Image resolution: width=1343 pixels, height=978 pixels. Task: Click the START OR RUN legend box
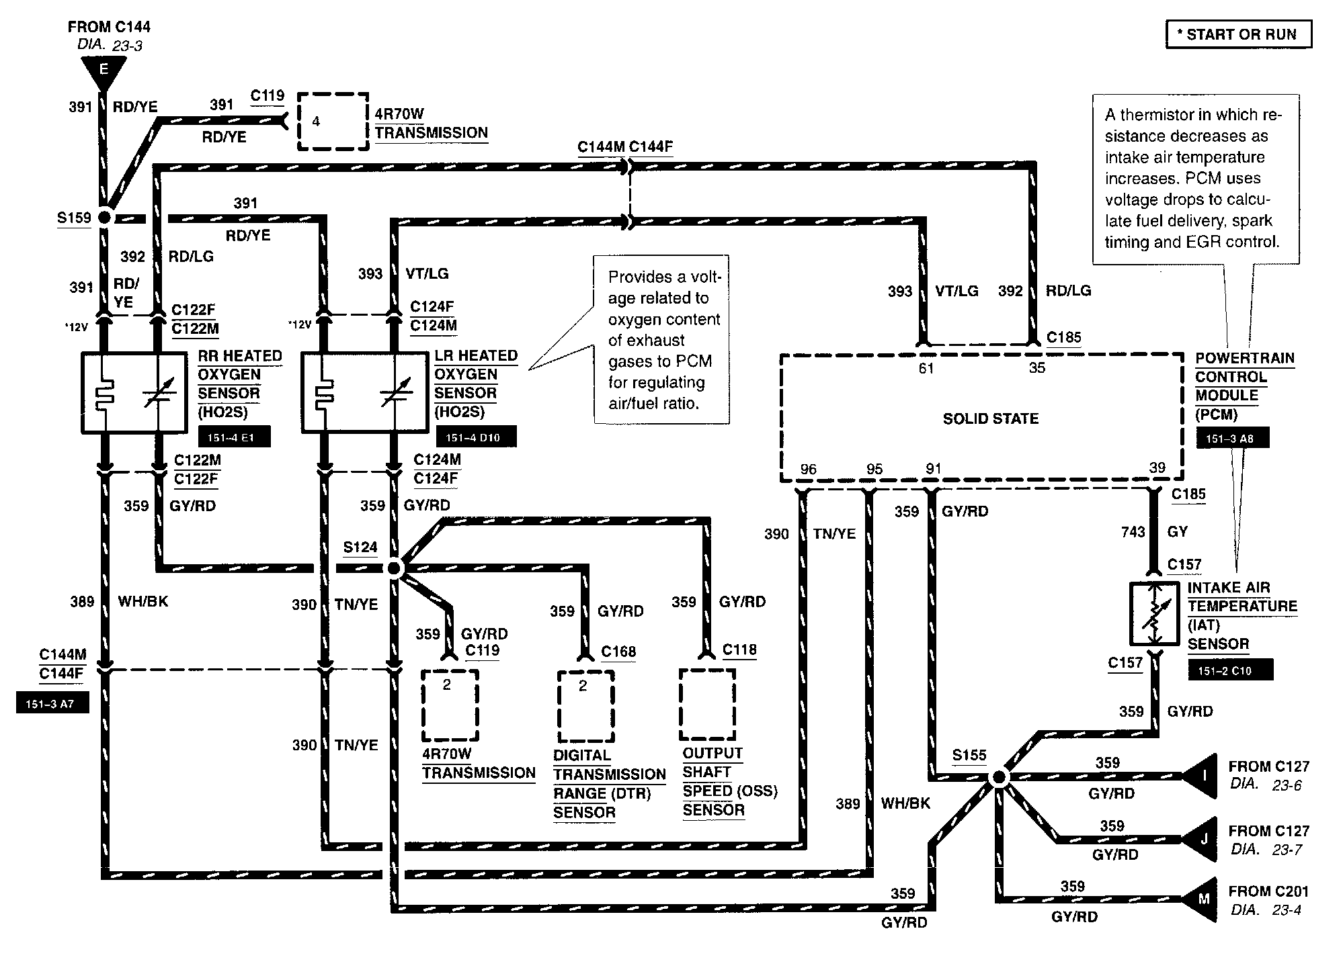tap(1239, 35)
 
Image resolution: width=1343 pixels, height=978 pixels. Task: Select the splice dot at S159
tap(104, 217)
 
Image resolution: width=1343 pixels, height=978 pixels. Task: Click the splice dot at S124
tap(394, 568)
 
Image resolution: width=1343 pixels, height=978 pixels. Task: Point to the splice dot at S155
tap(999, 777)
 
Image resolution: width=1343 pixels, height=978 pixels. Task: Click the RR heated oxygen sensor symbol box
tap(134, 393)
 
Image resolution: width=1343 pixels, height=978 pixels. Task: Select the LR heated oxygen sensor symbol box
tap(364, 392)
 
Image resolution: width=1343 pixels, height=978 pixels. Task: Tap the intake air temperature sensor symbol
tap(1154, 613)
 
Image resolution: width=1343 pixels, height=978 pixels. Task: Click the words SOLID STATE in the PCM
tap(991, 418)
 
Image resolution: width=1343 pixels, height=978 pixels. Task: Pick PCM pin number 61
tap(926, 368)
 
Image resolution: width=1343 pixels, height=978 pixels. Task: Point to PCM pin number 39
tap(1157, 468)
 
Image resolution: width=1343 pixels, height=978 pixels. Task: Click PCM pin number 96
tap(809, 469)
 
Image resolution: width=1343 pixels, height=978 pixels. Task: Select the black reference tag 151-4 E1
tap(235, 437)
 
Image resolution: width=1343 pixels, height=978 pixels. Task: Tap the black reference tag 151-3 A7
tap(52, 703)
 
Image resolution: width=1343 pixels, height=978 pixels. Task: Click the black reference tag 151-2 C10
tap(1231, 670)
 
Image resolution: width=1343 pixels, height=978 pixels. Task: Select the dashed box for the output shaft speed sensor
tap(707, 703)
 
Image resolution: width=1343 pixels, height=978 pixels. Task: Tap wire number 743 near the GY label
tap(1133, 532)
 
